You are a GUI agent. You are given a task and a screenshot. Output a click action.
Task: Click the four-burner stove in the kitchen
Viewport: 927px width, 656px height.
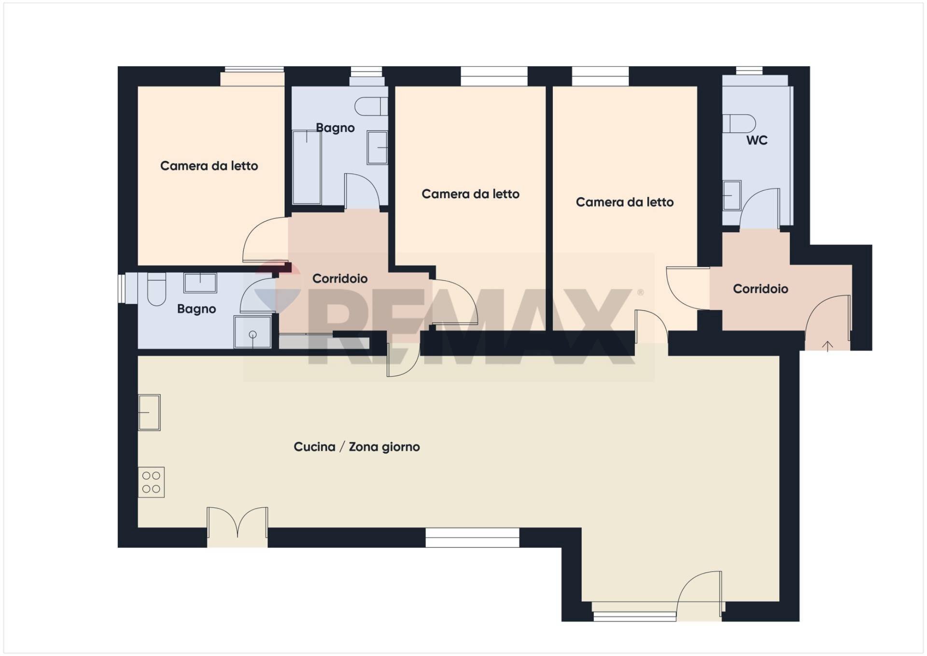[151, 482]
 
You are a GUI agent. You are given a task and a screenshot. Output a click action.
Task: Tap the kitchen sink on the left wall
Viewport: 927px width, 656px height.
[149, 413]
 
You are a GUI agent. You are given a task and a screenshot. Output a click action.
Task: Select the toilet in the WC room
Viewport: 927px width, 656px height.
[739, 124]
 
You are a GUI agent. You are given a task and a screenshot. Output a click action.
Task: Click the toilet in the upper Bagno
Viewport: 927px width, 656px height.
[371, 106]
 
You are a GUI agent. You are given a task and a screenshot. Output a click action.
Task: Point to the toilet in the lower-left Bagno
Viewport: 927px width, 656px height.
[156, 289]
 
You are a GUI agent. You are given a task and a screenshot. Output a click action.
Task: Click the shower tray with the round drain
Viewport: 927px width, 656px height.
[253, 332]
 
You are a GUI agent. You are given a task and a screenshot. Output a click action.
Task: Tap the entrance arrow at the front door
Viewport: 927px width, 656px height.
[828, 346]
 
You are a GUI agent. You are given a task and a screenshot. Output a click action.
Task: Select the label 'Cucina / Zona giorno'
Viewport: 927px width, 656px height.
[357, 447]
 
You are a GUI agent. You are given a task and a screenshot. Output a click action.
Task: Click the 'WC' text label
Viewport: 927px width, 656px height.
[757, 140]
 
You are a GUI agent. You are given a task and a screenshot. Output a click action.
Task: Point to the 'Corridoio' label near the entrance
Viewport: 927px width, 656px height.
[760, 289]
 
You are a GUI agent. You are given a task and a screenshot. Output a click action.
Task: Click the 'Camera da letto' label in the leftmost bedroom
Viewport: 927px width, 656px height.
[209, 166]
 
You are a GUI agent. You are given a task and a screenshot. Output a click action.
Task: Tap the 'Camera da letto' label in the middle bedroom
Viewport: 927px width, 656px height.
[470, 194]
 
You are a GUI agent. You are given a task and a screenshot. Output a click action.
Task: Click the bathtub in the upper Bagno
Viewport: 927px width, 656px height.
[307, 167]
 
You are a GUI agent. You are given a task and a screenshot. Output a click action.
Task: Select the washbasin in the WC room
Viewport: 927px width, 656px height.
[732, 195]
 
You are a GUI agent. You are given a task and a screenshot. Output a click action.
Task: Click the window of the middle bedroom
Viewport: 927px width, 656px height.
[494, 76]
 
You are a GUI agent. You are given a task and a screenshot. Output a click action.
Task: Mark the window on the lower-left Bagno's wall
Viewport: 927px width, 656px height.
[122, 289]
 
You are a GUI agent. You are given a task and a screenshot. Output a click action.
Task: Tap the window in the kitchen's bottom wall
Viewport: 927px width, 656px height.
[472, 538]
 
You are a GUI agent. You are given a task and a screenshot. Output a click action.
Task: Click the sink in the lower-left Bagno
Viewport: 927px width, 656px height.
[200, 283]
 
